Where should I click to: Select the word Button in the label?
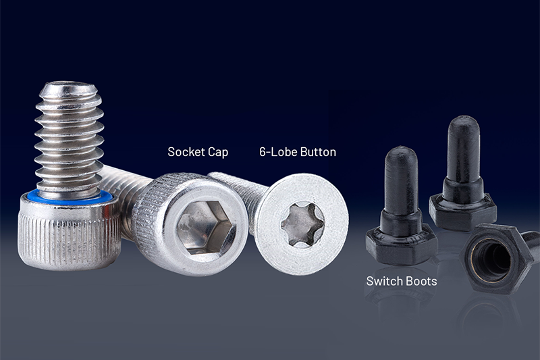pos(318,152)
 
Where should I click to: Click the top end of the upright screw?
pos(65,88)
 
